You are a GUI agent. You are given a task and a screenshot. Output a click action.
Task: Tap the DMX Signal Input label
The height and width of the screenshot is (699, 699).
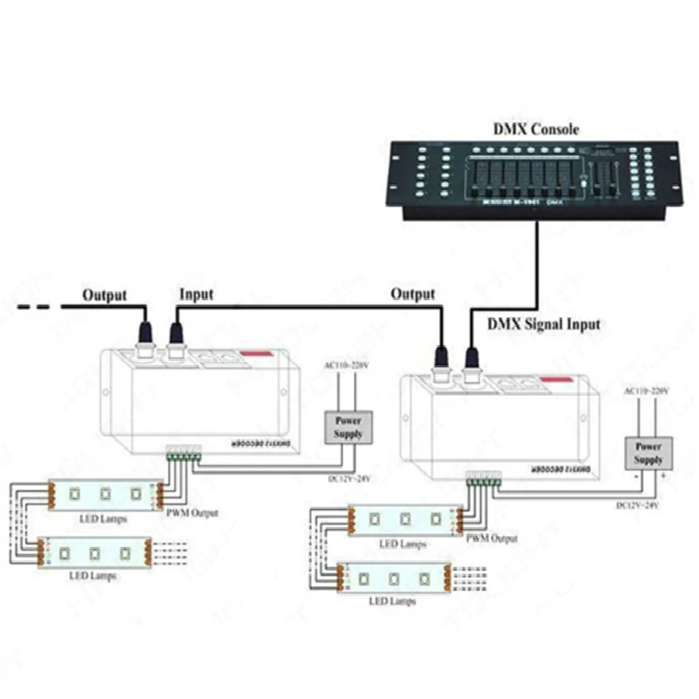click(x=542, y=324)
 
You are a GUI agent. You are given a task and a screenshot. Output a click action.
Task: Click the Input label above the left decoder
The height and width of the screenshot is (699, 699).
click(x=196, y=295)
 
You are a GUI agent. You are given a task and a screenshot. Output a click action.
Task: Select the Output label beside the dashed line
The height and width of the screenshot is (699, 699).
click(x=105, y=295)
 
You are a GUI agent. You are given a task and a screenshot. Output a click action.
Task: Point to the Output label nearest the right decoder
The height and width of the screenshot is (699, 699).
click(x=412, y=294)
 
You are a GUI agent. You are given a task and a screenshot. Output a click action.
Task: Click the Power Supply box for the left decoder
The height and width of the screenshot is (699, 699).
click(x=347, y=426)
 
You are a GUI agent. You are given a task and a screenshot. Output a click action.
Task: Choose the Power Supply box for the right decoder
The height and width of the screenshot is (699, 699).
click(x=647, y=452)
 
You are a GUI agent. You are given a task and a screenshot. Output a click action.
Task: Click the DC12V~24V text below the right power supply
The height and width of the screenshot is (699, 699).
click(x=640, y=505)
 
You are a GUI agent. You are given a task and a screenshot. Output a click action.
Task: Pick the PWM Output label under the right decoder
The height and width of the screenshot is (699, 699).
click(x=492, y=538)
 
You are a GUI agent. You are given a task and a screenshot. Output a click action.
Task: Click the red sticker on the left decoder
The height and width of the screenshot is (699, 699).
click(x=255, y=354)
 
